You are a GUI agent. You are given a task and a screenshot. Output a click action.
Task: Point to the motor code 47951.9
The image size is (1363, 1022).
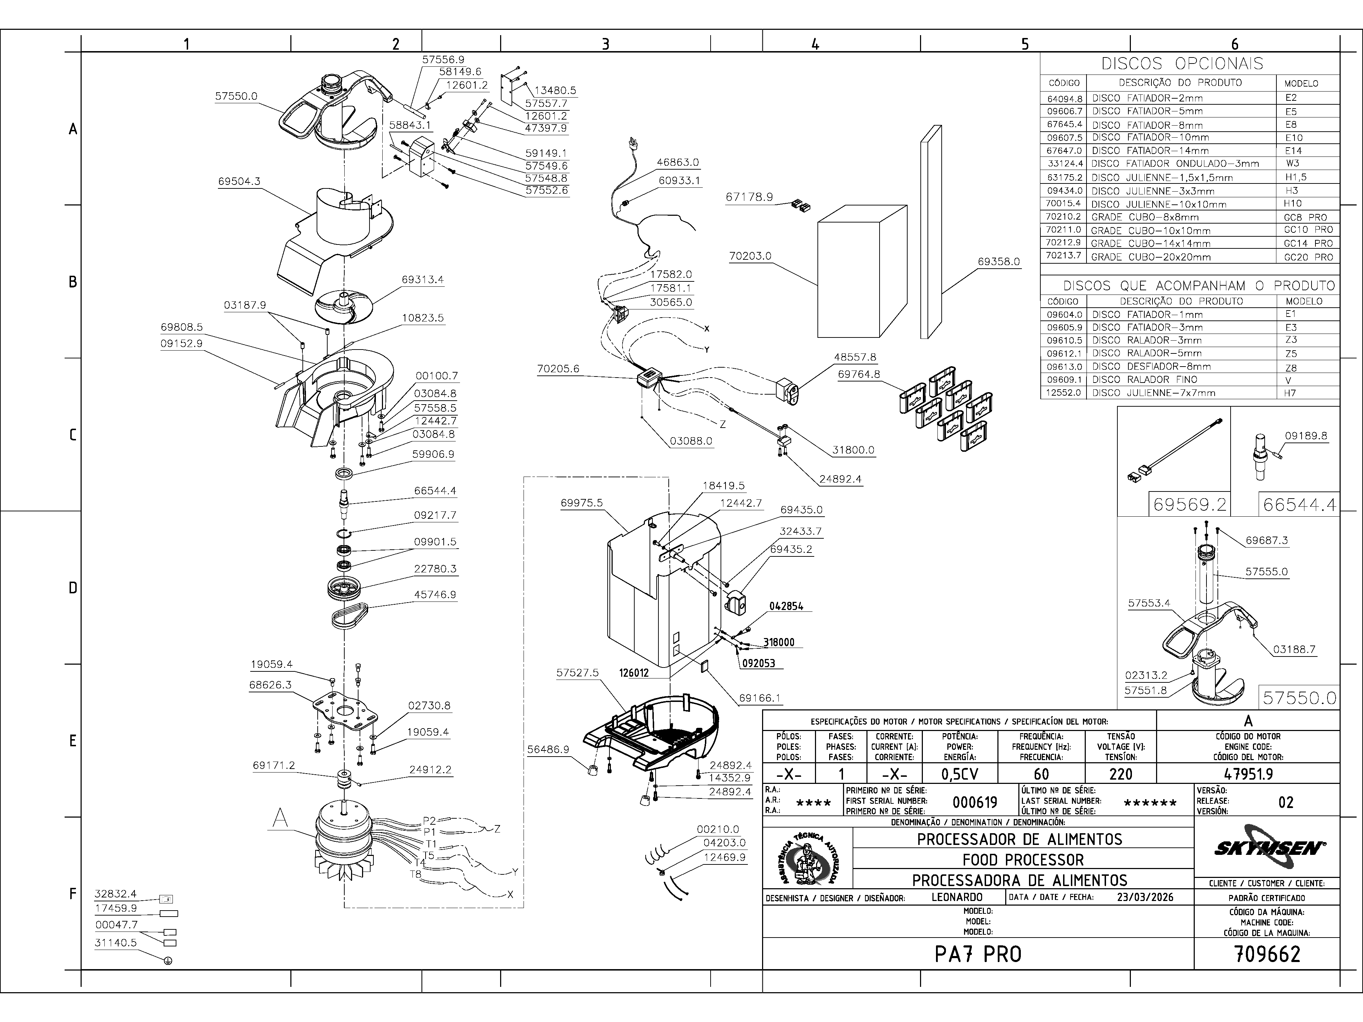pos(1248,774)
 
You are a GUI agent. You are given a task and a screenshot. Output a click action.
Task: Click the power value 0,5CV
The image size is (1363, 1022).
pos(960,774)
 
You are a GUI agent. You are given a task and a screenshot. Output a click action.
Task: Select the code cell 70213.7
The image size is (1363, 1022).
pos(1063,255)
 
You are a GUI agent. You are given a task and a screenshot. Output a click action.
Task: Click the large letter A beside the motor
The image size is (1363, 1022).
pos(280,819)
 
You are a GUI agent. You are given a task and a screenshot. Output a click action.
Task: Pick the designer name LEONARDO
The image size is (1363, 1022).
pos(957,897)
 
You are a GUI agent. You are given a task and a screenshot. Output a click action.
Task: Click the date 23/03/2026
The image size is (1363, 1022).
pos(1145,897)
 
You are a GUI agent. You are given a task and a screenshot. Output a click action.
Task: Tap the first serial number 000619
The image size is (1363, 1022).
pos(975,802)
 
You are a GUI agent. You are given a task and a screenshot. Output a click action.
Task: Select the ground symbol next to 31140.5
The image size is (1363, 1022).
pos(168,960)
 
